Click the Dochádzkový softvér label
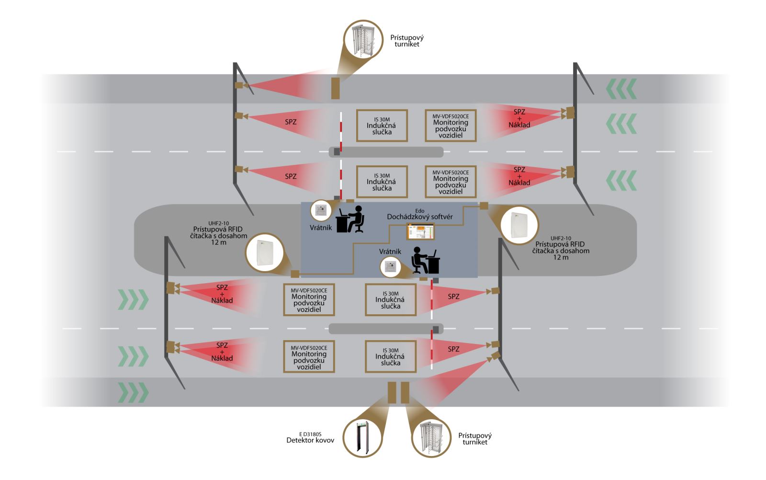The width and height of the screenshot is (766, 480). tap(420, 217)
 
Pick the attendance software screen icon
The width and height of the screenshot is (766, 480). tap(421, 231)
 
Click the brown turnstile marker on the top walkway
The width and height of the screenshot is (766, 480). tap(336, 89)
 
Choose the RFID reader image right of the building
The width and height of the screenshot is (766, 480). tap(519, 225)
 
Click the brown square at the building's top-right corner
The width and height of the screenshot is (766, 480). tap(484, 206)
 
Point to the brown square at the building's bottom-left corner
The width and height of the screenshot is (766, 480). tap(295, 274)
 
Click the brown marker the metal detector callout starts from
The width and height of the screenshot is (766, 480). tap(392, 392)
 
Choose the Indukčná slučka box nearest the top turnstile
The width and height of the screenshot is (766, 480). tap(382, 126)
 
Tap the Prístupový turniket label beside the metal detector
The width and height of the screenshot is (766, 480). tap(474, 439)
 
